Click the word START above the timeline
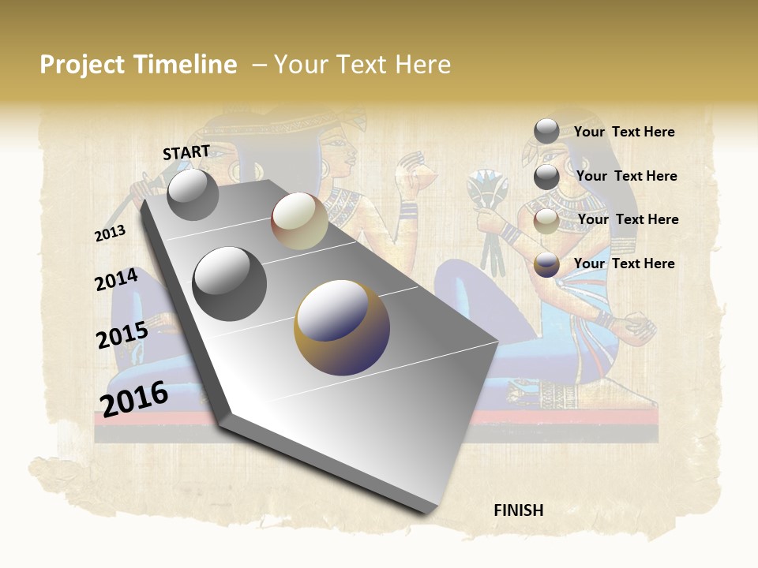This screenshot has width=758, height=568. pos(186,152)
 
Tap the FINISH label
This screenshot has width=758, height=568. pos(518,510)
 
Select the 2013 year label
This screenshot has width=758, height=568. pos(110,234)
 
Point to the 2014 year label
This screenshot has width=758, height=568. pos(116,280)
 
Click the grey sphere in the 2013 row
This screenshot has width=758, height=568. pos(193,194)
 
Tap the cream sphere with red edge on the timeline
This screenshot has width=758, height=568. pos(299,221)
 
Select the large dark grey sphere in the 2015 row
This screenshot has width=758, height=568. pos(229,284)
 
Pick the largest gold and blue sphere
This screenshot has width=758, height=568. pos(342,327)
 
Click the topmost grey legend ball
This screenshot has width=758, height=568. pos(546,131)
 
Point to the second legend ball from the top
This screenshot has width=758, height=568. pos(546,177)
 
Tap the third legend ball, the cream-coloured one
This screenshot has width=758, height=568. pos(546,221)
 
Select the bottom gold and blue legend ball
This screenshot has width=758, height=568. pos(546,265)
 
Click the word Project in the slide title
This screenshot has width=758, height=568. pos(81,65)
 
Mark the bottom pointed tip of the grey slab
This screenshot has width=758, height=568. pos(427,513)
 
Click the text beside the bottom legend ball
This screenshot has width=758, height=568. pos(624,263)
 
